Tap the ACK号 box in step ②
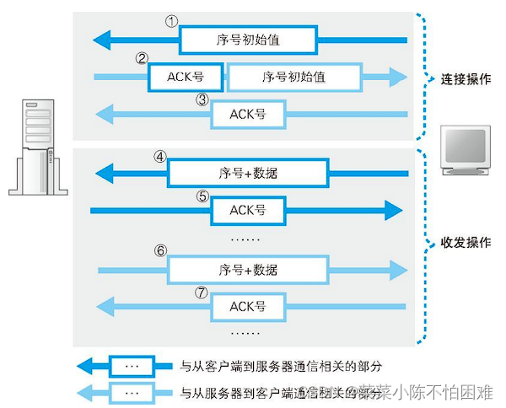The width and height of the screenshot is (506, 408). click(185, 77)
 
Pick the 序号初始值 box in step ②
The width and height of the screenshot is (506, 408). click(294, 77)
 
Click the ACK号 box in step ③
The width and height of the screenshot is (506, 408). click(248, 114)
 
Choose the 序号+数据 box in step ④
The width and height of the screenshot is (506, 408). click(248, 173)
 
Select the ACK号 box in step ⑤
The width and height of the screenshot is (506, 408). click(248, 210)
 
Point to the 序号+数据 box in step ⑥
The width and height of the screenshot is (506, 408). click(248, 270)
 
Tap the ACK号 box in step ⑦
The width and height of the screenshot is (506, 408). click(248, 307)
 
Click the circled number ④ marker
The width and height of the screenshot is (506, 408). click(160, 157)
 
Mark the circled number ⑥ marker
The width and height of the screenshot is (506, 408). click(160, 252)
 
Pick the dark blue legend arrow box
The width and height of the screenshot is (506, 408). click(132, 368)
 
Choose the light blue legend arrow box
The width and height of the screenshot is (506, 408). click(132, 393)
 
